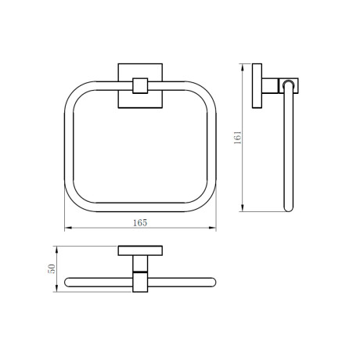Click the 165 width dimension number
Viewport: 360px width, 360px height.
pos(140,223)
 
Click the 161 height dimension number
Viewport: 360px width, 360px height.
pos(237,138)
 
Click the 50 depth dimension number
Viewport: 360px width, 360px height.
pos(52,268)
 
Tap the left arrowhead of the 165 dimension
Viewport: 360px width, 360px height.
pos(68,229)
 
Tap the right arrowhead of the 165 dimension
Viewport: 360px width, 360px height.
pos(213,229)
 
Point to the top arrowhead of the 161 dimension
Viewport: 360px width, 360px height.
pos(243,67)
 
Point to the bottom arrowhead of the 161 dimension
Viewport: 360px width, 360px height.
pos(243,208)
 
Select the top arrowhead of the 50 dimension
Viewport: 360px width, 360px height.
pos(56,250)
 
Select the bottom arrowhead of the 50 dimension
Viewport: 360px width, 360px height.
pos(56,288)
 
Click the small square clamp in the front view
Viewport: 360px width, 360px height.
pos(140,85)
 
